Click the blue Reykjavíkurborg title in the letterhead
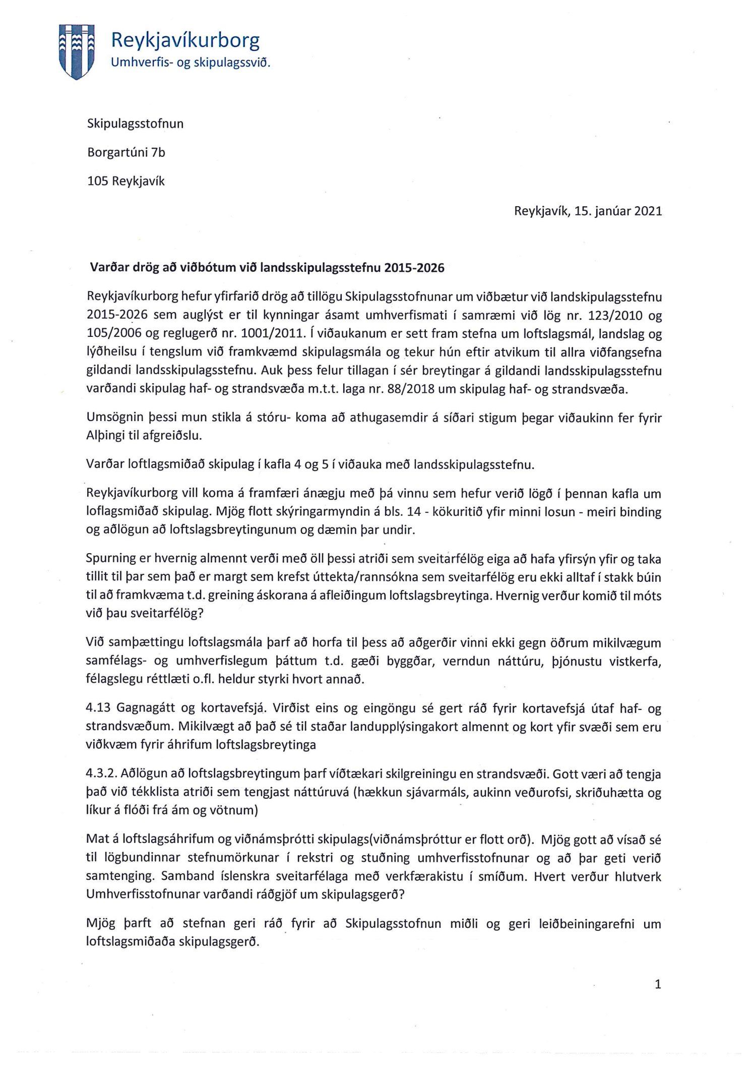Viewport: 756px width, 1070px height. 185,40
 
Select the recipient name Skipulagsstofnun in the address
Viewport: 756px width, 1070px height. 135,124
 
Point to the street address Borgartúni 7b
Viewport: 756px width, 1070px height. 126,152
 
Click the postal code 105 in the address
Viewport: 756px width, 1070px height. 98,181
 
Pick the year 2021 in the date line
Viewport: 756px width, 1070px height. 648,211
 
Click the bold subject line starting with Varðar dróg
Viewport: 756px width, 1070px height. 267,268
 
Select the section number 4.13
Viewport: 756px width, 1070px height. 99,708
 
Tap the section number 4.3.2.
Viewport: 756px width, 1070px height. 101,774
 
